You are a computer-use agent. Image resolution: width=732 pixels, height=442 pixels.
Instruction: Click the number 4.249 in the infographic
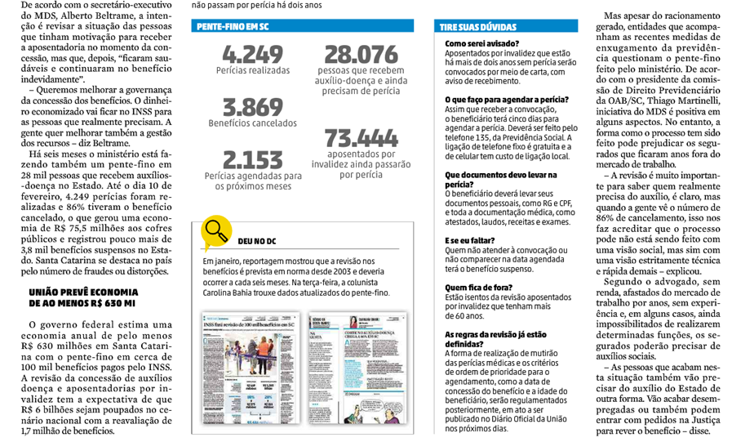point(252,55)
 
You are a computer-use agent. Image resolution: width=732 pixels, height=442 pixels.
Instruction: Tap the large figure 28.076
point(362,55)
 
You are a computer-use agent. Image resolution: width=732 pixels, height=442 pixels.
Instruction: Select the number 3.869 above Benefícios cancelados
point(252,107)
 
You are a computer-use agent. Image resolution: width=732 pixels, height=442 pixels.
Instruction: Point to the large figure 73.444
point(362,136)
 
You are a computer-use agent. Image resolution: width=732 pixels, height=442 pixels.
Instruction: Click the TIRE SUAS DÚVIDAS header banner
point(481,27)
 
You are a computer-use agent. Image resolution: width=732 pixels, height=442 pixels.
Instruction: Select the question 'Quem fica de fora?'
point(477,287)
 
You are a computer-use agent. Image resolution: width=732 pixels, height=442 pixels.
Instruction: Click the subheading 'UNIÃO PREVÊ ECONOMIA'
point(82,292)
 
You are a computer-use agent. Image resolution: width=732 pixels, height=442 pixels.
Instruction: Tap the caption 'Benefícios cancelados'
point(252,124)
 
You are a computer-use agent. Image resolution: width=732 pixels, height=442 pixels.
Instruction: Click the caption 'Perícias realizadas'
point(252,72)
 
